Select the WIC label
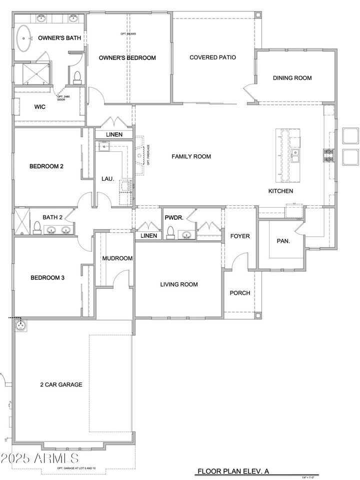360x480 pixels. (x=40, y=107)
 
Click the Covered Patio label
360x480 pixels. (x=212, y=57)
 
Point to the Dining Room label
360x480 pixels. (x=292, y=78)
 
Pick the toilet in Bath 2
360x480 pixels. (x=36, y=228)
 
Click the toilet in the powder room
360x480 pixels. (x=170, y=232)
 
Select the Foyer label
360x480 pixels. (x=239, y=236)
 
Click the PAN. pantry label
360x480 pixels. (x=283, y=241)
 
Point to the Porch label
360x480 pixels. (x=239, y=293)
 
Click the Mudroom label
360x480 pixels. (x=117, y=258)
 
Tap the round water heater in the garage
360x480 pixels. (x=21, y=325)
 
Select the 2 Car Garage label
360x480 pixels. (x=61, y=385)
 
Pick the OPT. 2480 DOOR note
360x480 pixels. (x=61, y=98)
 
